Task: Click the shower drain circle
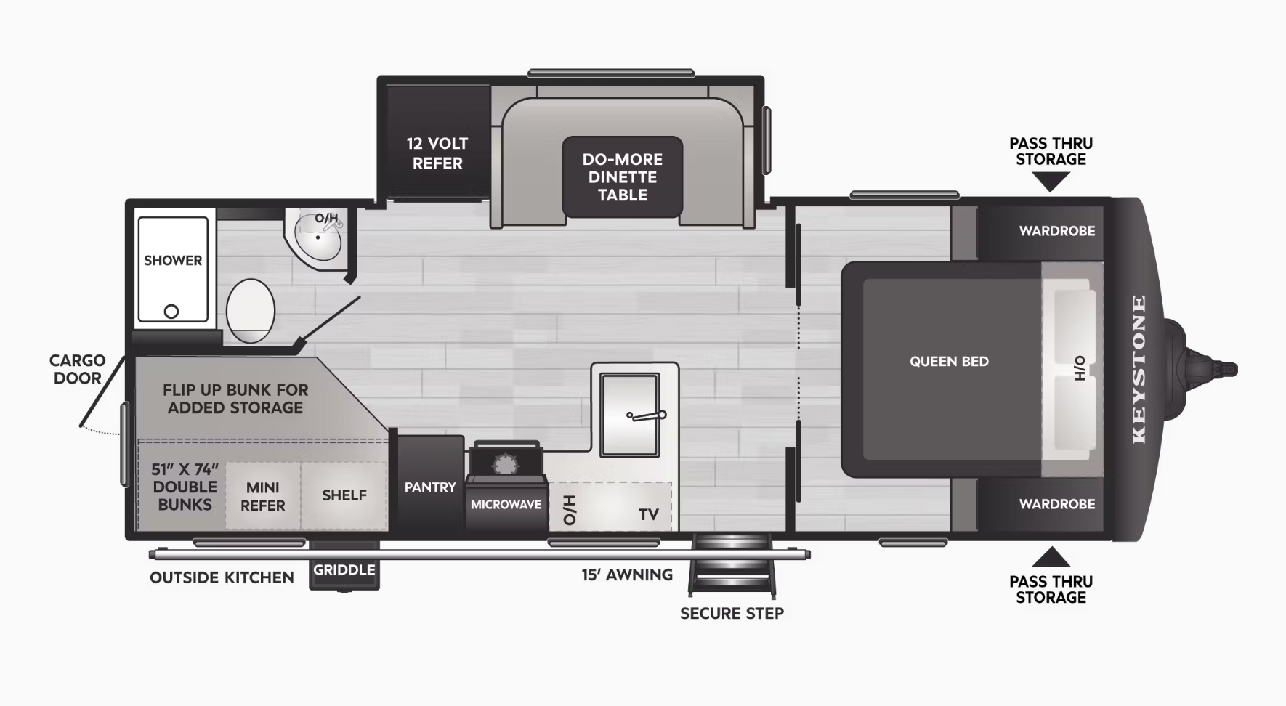click(171, 312)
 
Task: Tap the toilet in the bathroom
click(251, 311)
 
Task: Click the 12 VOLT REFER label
click(437, 153)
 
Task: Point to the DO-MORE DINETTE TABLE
click(623, 177)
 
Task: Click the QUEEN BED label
click(949, 362)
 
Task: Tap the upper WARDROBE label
click(1057, 231)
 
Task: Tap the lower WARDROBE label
click(1057, 504)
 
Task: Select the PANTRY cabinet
click(430, 483)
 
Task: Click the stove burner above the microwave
click(504, 463)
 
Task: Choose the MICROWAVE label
click(506, 504)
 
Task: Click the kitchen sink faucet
click(647, 416)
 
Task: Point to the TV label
click(649, 515)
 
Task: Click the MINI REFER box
click(263, 496)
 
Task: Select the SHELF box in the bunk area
click(344, 495)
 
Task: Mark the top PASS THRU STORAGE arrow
click(1051, 182)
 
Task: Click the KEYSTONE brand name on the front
click(1139, 369)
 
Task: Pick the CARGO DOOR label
click(78, 369)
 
